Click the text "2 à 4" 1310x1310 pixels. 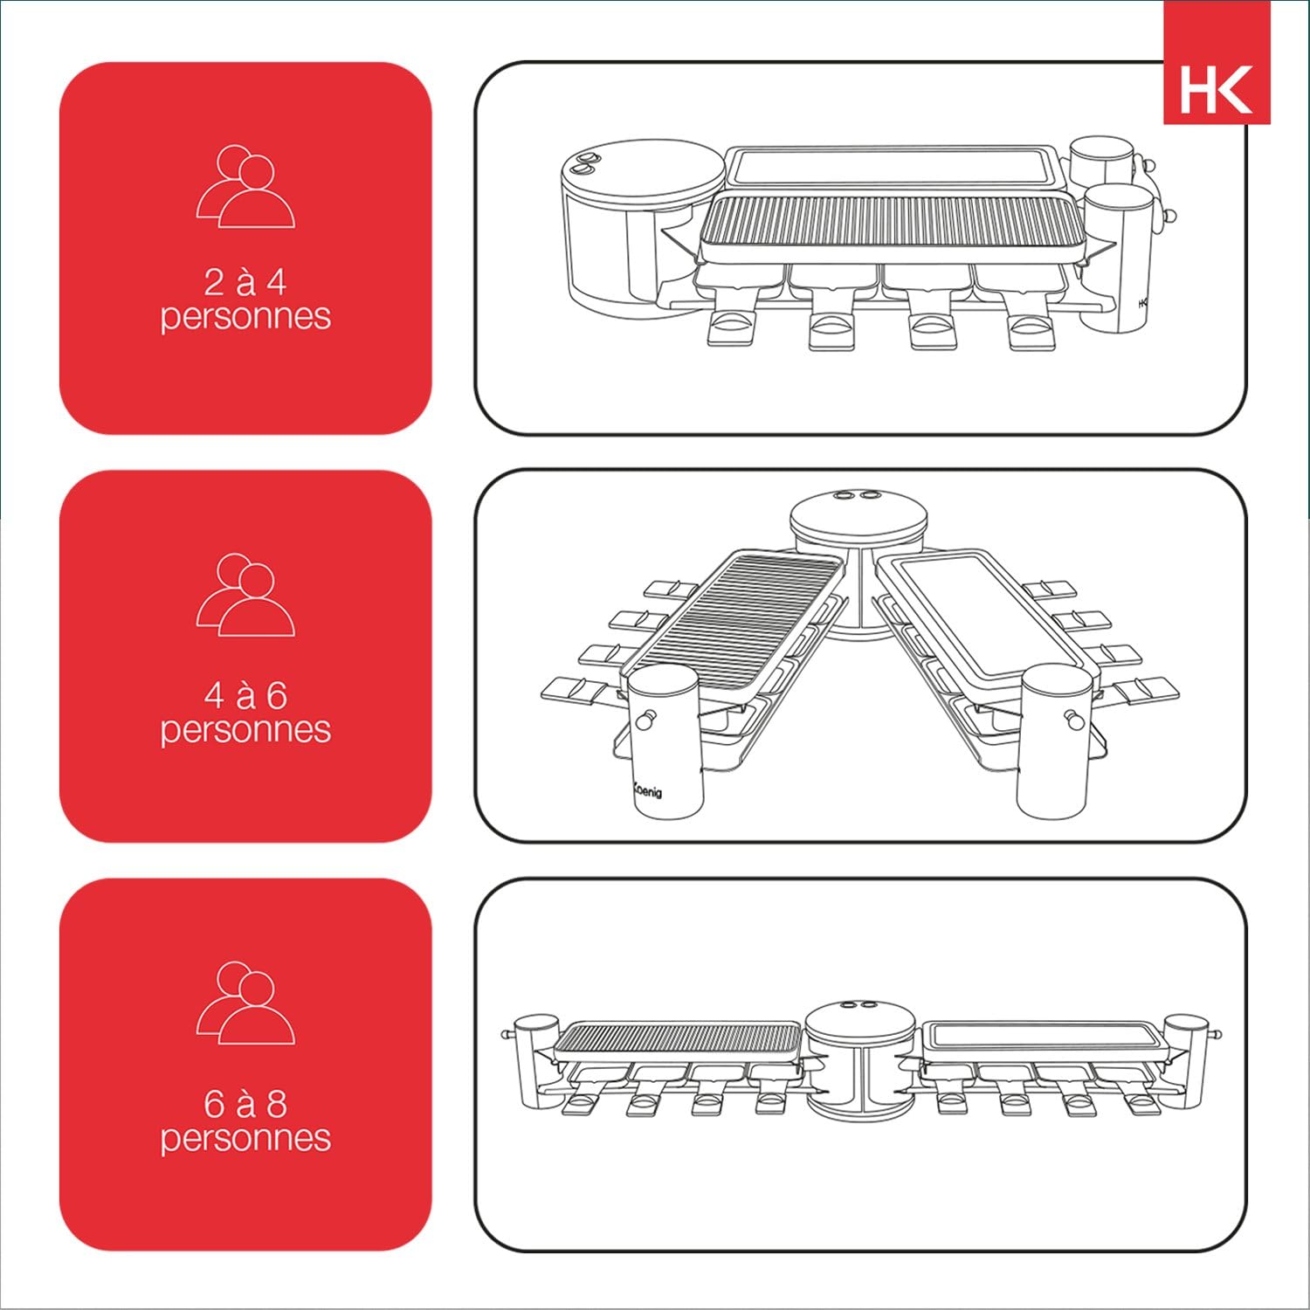pyautogui.click(x=245, y=282)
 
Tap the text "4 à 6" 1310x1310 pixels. pyautogui.click(x=245, y=695)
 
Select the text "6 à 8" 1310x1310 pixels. pyautogui.click(x=245, y=1104)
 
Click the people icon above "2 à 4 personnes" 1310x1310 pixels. pyautogui.click(x=245, y=187)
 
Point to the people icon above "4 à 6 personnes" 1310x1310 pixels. pyautogui.click(x=245, y=595)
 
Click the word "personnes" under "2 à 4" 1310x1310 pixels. pyautogui.click(x=245, y=316)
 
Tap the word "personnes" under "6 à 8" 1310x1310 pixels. pyautogui.click(x=245, y=1138)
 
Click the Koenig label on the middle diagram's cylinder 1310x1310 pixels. pyautogui.click(x=648, y=790)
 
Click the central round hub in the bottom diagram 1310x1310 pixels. pyautogui.click(x=860, y=1057)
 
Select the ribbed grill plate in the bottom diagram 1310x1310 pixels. pyautogui.click(x=677, y=1038)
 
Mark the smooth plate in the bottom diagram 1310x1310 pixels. pyautogui.click(x=1044, y=1035)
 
